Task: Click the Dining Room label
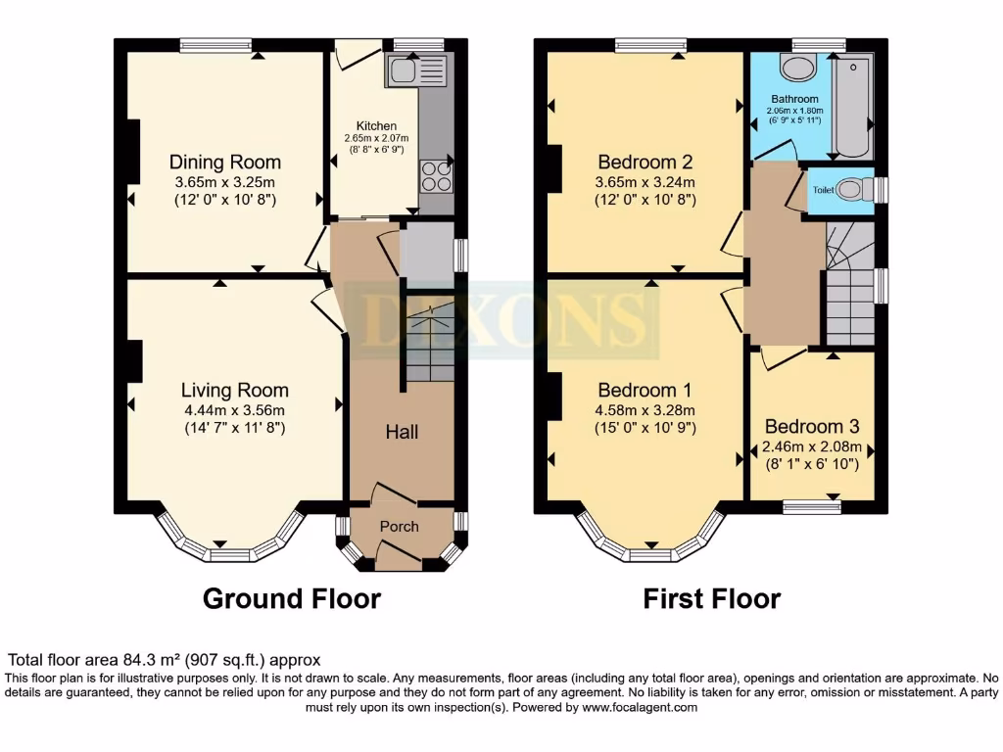click(225, 163)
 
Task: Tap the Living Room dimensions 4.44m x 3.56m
click(225, 410)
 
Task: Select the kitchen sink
click(416, 70)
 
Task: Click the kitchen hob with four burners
click(436, 175)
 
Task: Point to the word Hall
click(402, 431)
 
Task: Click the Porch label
click(400, 527)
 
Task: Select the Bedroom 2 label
click(645, 163)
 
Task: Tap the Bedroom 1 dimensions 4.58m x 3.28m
click(645, 410)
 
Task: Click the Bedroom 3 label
click(812, 427)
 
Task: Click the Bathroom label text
click(794, 99)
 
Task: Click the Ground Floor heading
click(291, 598)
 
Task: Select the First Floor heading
click(712, 598)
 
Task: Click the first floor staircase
click(848, 284)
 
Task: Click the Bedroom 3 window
click(811, 506)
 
